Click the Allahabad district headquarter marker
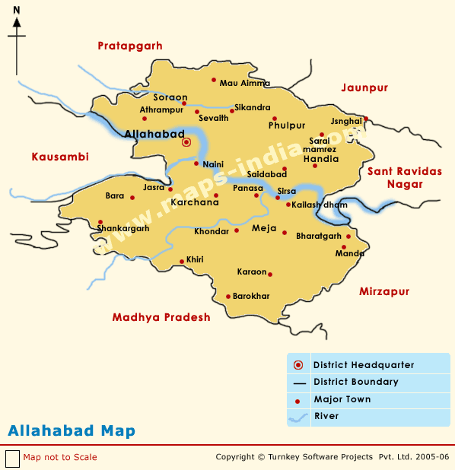pos(186,141)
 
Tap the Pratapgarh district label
pos(130,46)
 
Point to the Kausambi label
pos(60,157)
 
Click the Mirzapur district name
pos(383,291)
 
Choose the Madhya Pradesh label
pos(161,317)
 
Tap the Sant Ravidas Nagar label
pos(404,177)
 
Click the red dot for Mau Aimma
pos(215,81)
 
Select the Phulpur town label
pos(287,125)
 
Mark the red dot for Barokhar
pos(228,297)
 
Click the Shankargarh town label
pos(123,228)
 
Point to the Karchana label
pos(194,203)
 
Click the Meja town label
pos(263,228)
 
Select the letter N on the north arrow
pos(17,10)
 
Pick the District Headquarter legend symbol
pos(298,365)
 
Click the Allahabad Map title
pos(72,431)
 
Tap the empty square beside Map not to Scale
pos(12,459)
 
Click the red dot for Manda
pos(344,247)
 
